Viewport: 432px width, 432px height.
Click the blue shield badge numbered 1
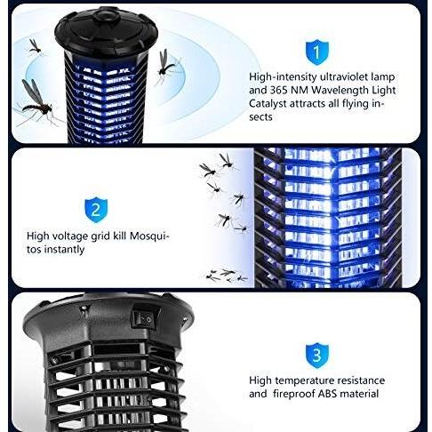pyautogui.click(x=317, y=52)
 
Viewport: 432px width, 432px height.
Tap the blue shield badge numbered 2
pyautogui.click(x=96, y=210)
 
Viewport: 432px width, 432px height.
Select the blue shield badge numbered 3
pyautogui.click(x=317, y=356)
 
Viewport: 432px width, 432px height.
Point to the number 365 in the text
pyautogui.click(x=278, y=91)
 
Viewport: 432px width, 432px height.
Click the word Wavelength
pyautogui.click(x=339, y=91)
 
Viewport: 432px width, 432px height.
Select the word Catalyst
pyautogui.click(x=268, y=104)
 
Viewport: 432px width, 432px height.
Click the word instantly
pyautogui.click(x=64, y=250)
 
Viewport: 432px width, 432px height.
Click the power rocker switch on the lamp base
pyautogui.click(x=145, y=318)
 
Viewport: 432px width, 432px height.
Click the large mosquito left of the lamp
pyautogui.click(x=37, y=102)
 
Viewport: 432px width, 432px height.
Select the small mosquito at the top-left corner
pyautogui.click(x=35, y=47)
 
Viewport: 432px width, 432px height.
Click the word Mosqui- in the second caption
pyautogui.click(x=149, y=236)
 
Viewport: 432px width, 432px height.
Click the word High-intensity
pyautogui.click(x=283, y=77)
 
